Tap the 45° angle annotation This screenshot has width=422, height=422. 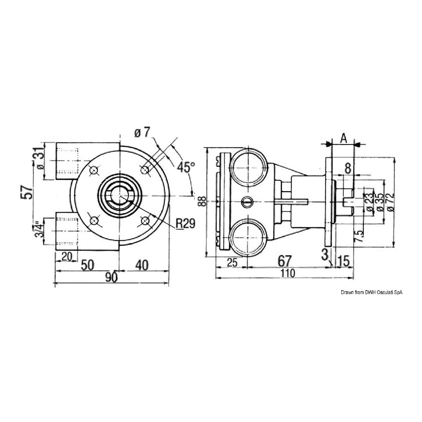coord(185,167)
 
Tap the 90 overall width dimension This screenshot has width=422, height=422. coord(111,277)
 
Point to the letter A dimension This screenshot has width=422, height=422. coord(343,138)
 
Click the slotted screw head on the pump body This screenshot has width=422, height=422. coord(246,201)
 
